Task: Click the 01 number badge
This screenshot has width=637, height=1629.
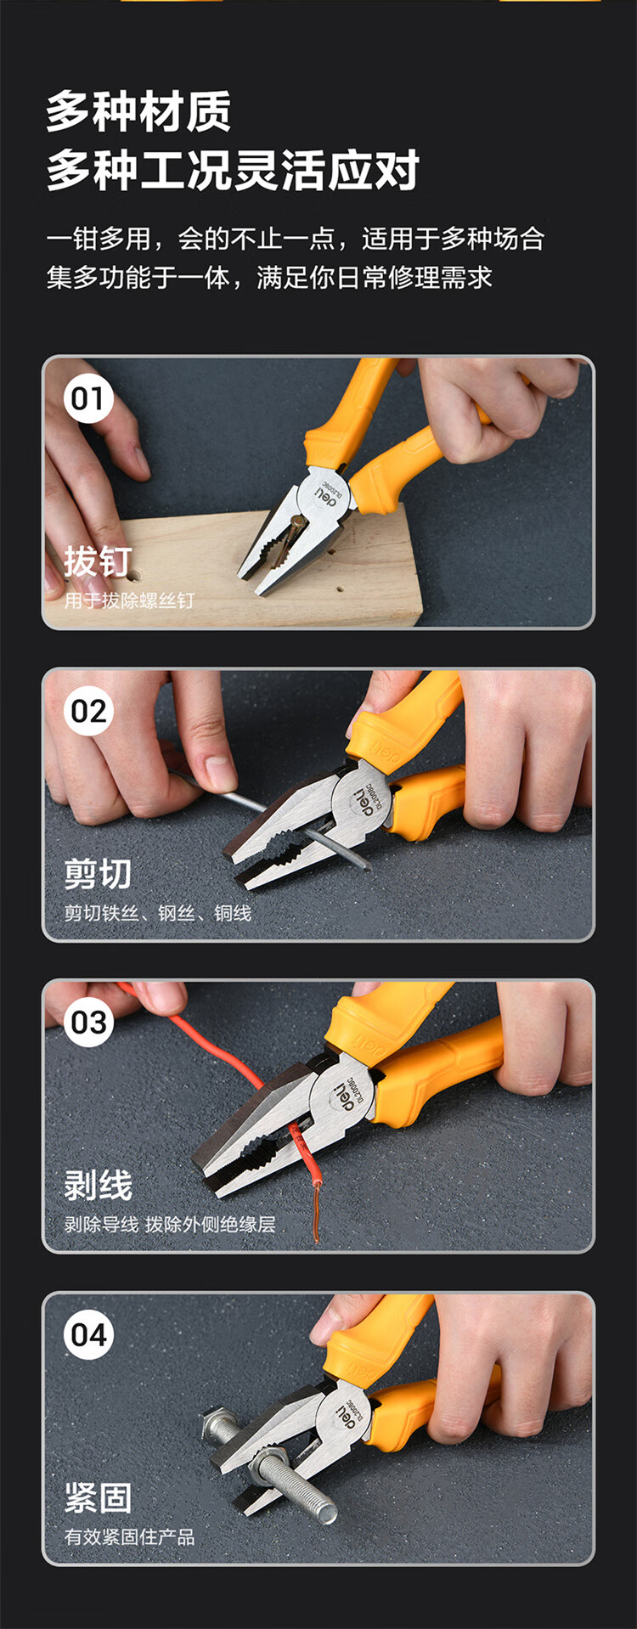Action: click(87, 398)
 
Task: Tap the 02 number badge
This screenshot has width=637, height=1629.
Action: click(87, 711)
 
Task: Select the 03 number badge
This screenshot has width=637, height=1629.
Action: click(87, 1023)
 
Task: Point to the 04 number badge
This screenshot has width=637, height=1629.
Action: click(87, 1334)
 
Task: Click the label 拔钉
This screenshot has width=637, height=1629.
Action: click(98, 561)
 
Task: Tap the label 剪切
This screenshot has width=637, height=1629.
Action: click(98, 874)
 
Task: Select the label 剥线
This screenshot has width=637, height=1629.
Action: click(98, 1186)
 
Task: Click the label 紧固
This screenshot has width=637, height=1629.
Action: click(98, 1498)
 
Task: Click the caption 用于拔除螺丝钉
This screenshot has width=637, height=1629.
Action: click(130, 600)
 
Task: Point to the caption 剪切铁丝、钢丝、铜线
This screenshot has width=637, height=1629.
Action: click(158, 913)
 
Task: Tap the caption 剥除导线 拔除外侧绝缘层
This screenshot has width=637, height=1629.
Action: click(170, 1224)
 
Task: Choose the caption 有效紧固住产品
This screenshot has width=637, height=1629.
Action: click(130, 1536)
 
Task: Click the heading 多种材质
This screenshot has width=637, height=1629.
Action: click(138, 112)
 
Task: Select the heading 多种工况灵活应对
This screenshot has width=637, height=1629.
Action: click(233, 170)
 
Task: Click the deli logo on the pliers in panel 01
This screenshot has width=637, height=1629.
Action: click(327, 493)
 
